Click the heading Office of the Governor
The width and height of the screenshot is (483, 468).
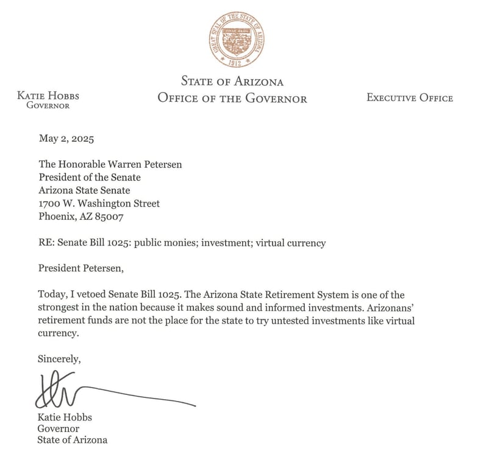[x=232, y=98]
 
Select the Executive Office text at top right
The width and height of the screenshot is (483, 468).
[x=409, y=97]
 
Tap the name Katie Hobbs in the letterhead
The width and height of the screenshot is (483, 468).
[x=48, y=96]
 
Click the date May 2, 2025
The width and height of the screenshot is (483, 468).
[x=66, y=138]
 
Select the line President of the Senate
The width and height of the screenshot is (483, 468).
[x=90, y=177]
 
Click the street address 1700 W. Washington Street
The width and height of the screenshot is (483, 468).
[x=99, y=204]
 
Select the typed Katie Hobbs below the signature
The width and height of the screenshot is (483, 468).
[x=65, y=417]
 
